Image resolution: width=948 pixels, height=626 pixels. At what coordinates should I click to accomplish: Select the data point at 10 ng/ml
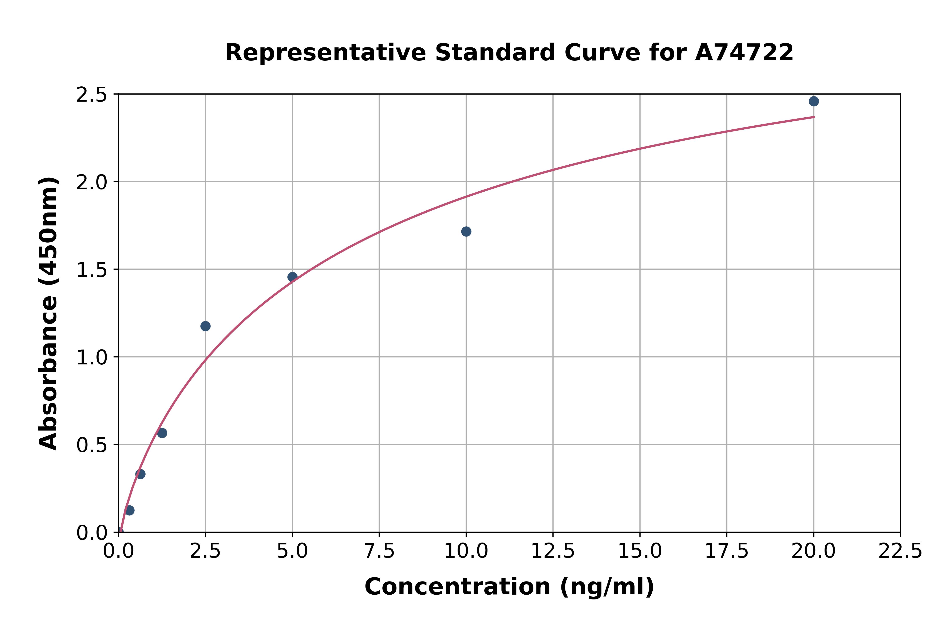coord(466,232)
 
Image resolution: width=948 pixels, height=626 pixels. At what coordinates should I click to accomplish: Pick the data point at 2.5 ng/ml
coord(205,326)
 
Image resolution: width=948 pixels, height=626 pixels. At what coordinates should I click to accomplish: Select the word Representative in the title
coord(325,53)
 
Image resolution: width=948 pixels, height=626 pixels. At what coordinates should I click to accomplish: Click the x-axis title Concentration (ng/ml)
coord(509,587)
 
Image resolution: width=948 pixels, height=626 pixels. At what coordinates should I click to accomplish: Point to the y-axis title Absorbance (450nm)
coord(49,313)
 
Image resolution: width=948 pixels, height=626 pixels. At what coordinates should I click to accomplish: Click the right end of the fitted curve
coord(814,117)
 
